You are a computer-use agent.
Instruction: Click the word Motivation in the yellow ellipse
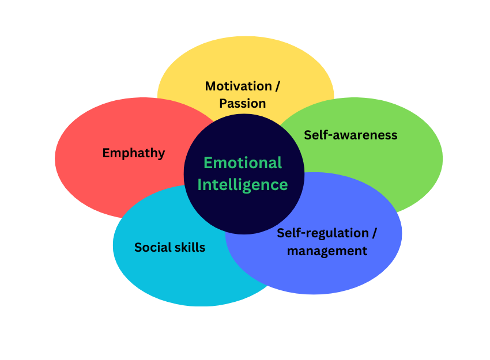[x=238, y=86]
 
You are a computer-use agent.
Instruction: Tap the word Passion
[x=243, y=104]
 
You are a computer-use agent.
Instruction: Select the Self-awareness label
[x=350, y=135]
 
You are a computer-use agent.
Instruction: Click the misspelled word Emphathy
[x=134, y=153]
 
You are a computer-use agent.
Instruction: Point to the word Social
[x=152, y=248]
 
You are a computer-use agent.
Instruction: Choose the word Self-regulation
[x=322, y=233]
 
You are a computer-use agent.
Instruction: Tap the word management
[x=327, y=251]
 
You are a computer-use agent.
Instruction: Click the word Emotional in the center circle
[x=243, y=163]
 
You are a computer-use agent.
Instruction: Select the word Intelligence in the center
[x=243, y=184]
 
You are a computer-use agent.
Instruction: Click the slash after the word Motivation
[x=277, y=86]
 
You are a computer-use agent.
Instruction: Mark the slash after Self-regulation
[x=374, y=233]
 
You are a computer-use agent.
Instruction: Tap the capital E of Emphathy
[x=107, y=153]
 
